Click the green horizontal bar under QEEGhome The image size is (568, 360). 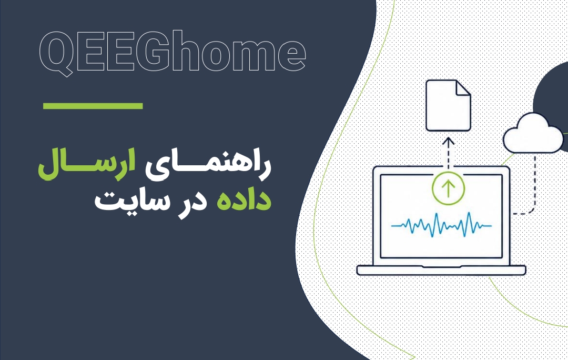coord(93,106)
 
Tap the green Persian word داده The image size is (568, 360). coord(244,199)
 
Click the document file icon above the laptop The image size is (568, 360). coord(448,105)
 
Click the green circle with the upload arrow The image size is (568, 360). coord(449,188)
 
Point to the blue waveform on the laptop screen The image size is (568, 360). coord(441,225)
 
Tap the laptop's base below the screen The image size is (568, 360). coord(441,271)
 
